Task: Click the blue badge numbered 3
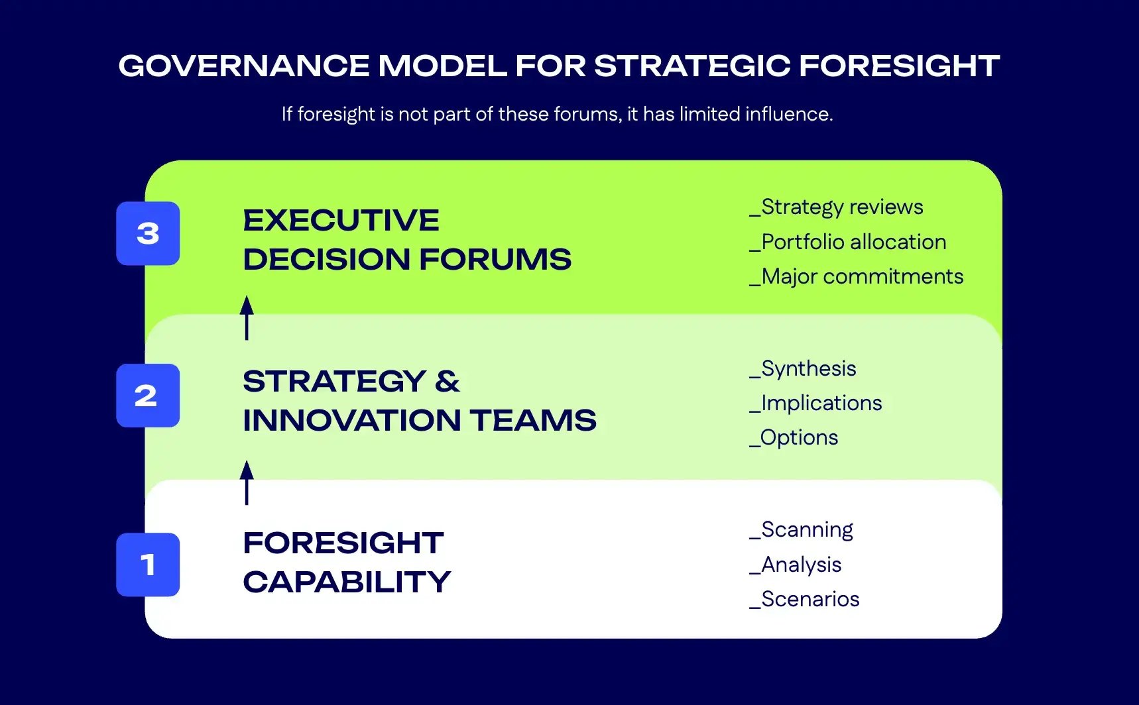pyautogui.click(x=148, y=233)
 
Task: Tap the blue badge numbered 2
pyautogui.click(x=148, y=396)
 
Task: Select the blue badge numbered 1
pyautogui.click(x=148, y=565)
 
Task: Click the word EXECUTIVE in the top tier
pyautogui.click(x=341, y=221)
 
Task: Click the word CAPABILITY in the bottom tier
pyautogui.click(x=347, y=582)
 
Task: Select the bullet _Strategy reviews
pyautogui.click(x=836, y=207)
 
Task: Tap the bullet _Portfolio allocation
pyautogui.click(x=848, y=242)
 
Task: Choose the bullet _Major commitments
pyautogui.click(x=856, y=276)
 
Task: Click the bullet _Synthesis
pyautogui.click(x=803, y=368)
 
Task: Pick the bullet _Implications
pyautogui.click(x=815, y=403)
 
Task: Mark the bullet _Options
pyautogui.click(x=794, y=437)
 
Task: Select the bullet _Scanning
pyautogui.click(x=801, y=529)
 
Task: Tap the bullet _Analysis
pyautogui.click(x=795, y=565)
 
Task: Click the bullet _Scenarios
pyautogui.click(x=804, y=599)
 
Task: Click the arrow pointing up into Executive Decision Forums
pyautogui.click(x=247, y=317)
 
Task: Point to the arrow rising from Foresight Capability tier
pyautogui.click(x=247, y=482)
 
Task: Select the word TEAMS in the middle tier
pyautogui.click(x=533, y=420)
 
